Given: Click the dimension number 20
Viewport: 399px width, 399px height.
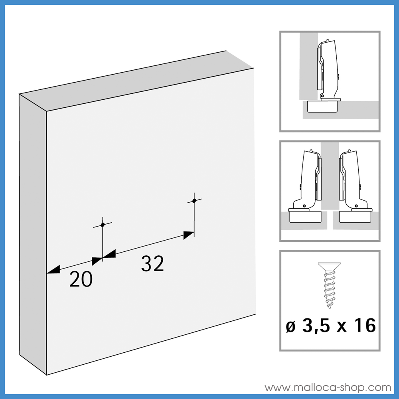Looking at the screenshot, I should click(x=81, y=280).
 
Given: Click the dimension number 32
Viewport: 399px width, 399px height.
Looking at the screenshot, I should click(x=152, y=264).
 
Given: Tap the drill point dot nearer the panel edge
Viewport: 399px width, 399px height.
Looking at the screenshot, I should click(x=103, y=225).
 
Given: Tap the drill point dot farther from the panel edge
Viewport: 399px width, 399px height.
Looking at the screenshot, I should click(x=194, y=201).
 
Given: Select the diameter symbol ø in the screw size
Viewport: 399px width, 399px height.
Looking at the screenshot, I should click(x=290, y=326).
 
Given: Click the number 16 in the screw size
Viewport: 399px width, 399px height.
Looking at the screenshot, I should click(x=365, y=326).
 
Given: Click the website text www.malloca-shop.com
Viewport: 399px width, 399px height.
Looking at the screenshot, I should click(x=328, y=387).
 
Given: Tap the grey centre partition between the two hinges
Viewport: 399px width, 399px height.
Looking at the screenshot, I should click(x=330, y=176).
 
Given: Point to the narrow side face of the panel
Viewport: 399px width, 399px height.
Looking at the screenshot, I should click(x=33, y=231).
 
